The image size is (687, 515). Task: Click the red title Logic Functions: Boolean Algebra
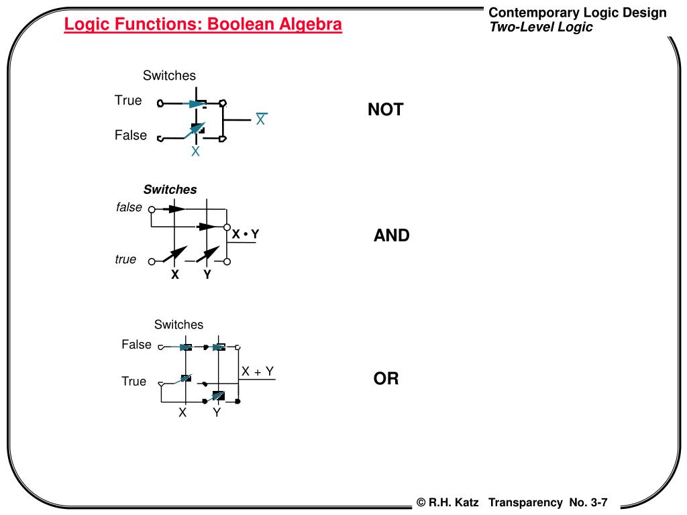pos(203,25)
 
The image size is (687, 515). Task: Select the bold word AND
pos(392,235)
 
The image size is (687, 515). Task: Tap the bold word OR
pos(386,379)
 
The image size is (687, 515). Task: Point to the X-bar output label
pos(260,120)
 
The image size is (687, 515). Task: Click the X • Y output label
pos(246,234)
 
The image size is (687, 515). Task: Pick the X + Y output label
pos(258,371)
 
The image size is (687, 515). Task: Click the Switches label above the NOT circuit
pos(169,76)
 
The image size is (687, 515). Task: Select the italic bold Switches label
pos(170,190)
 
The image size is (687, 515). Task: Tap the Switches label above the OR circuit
pos(178,325)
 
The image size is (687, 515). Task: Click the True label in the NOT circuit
pos(128,101)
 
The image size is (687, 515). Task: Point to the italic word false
pos(129,208)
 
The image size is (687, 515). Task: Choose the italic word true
pos(125,260)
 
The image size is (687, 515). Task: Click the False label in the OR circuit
pos(136,345)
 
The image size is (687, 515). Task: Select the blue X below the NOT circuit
pos(195,152)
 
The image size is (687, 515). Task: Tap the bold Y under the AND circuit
pos(207,274)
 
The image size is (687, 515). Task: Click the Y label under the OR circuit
pos(217,412)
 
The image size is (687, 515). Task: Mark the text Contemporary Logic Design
pos(577,13)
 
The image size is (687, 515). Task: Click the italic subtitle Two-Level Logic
pos(541,27)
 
